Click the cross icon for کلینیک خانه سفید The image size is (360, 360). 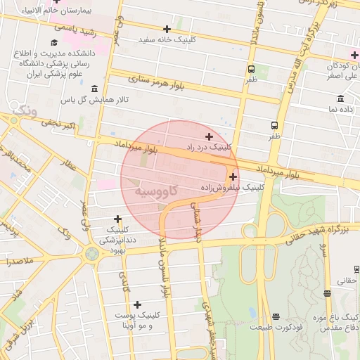167,29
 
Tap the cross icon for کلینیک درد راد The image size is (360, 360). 209,136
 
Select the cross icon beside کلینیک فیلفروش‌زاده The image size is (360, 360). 233,176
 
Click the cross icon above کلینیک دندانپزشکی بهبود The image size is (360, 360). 117,219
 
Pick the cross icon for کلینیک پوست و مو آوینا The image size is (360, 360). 138,304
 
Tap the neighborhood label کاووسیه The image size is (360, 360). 156,191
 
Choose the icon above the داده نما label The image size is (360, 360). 341,98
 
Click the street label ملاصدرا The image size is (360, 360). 18,261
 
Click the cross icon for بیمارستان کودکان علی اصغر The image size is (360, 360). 354,54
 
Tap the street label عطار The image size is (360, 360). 68,166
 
